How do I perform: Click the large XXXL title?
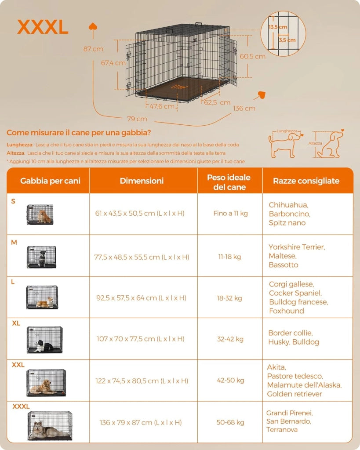[x=43, y=28]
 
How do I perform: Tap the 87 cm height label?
[x=93, y=49]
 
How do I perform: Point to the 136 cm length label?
[x=244, y=109]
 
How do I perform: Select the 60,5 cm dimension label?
[x=252, y=56]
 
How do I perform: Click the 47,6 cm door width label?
[x=162, y=106]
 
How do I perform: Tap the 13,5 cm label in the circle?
[x=278, y=27]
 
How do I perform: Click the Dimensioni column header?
[x=142, y=181]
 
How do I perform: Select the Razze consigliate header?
[x=306, y=181]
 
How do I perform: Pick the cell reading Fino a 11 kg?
[x=230, y=213]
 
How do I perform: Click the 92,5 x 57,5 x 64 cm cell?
[x=141, y=298]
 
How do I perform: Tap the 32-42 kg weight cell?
[x=230, y=339]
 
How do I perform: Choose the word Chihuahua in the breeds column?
[x=288, y=205]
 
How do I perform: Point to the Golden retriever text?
[x=294, y=394]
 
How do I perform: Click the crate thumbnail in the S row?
[x=40, y=214]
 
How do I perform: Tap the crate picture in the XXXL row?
[x=50, y=425]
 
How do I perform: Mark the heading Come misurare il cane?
[x=79, y=133]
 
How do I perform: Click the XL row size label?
[x=16, y=323]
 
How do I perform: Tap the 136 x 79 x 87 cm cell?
[x=141, y=423]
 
